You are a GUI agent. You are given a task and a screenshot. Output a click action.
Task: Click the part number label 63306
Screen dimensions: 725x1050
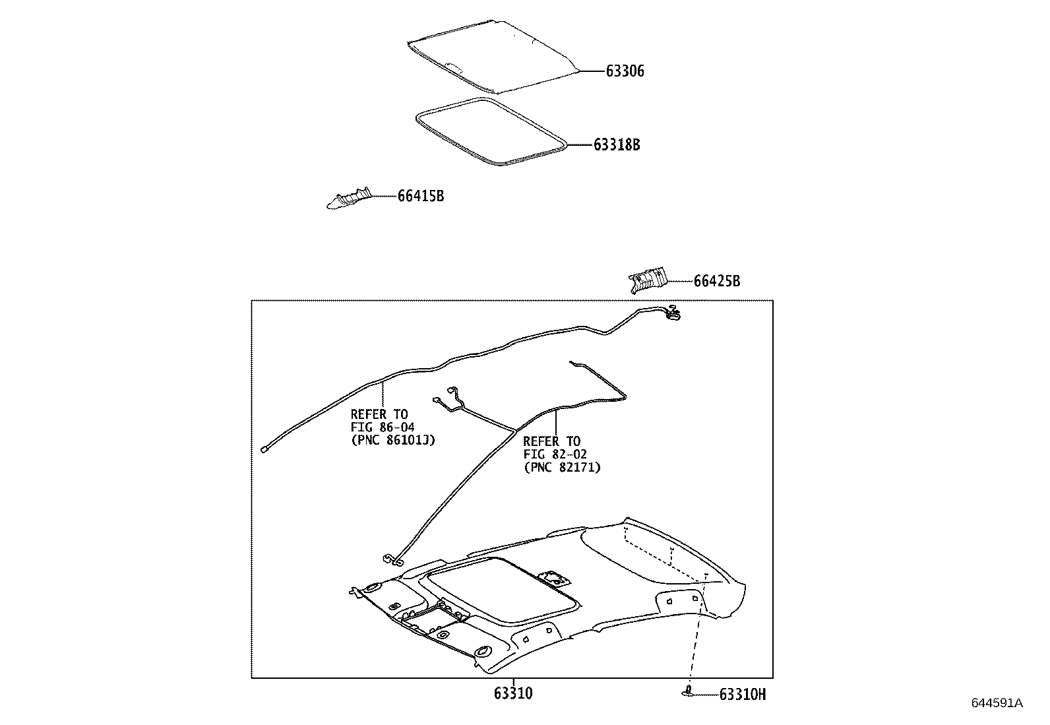pos(625,71)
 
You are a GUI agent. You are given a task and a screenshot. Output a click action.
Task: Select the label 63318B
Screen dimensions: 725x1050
pos(617,144)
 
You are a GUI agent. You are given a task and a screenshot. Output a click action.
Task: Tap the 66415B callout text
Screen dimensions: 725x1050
pos(420,196)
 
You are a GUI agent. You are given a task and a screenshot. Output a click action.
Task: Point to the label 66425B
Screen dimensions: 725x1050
pos(716,282)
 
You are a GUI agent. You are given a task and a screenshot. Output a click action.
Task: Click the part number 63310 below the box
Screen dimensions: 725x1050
pos(512,694)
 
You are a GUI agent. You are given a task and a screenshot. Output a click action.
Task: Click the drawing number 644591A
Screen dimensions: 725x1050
pos(996,703)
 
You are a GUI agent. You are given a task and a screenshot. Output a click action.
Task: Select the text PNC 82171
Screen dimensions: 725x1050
pos(562,467)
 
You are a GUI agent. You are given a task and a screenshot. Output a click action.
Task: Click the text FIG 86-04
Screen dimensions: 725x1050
pos(383,427)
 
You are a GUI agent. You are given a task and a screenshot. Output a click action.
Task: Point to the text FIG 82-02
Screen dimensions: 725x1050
pos(555,454)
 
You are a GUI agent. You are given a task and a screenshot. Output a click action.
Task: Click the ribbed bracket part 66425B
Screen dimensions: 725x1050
pos(646,281)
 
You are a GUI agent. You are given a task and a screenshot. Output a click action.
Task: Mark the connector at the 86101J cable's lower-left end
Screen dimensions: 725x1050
pos(264,450)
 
